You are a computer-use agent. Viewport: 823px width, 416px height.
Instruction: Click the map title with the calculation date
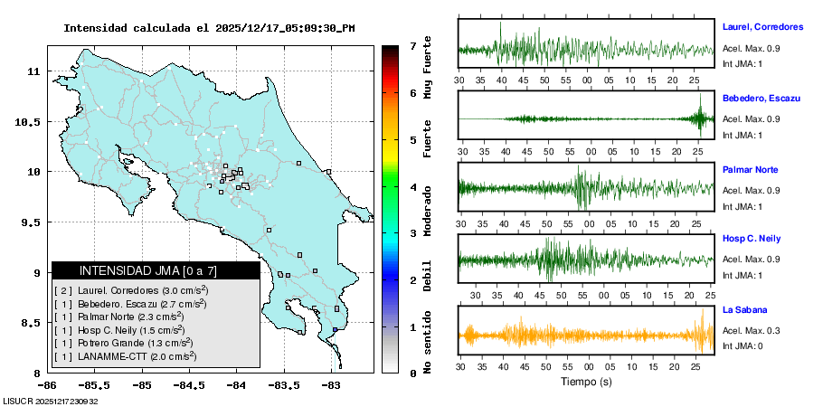pyautogui.click(x=209, y=28)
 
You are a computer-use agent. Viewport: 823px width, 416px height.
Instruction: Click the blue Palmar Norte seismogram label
pyautogui.click(x=750, y=170)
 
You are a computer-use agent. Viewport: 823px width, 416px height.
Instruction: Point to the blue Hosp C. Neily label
pyautogui.click(x=754, y=240)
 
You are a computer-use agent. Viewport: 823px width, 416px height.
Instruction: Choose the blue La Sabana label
pyautogui.click(x=744, y=310)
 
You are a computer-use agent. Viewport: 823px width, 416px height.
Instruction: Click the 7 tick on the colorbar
pyautogui.click(x=412, y=45)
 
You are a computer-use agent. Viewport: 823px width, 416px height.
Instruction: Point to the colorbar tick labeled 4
pyautogui.click(x=412, y=186)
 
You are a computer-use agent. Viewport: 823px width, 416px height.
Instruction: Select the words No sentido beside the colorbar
pyautogui.click(x=428, y=338)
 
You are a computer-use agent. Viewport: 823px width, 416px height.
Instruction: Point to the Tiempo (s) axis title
pyautogui.click(x=586, y=382)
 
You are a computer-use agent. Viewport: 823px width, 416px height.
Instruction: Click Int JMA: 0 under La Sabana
pyautogui.click(x=743, y=346)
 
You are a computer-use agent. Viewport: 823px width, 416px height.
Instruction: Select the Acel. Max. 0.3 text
pyautogui.click(x=751, y=330)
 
